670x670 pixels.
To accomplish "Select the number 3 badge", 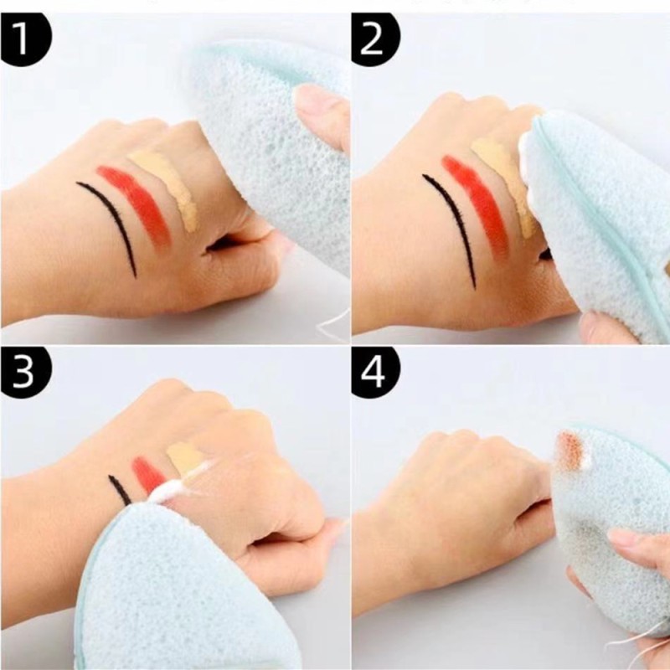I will click(x=26, y=374).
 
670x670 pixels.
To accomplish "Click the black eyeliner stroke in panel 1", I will click(x=118, y=218).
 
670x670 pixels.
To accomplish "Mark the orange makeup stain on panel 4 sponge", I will click(x=573, y=451).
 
